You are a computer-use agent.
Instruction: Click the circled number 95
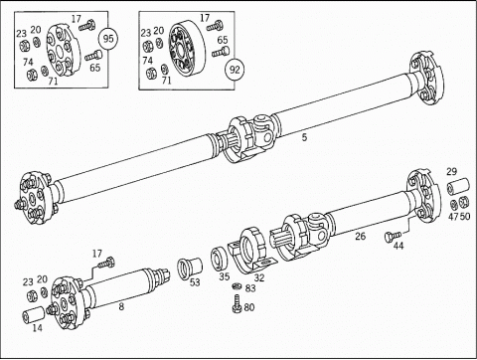pyautogui.click(x=108, y=39)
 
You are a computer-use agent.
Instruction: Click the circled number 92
pyautogui.click(x=235, y=70)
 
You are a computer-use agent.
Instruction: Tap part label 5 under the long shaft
pyautogui.click(x=304, y=137)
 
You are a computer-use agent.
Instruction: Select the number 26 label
pyautogui.click(x=361, y=236)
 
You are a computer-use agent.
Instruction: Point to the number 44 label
pyautogui.click(x=398, y=246)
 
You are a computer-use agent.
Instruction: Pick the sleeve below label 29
pyautogui.click(x=458, y=186)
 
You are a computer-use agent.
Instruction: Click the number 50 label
pyautogui.click(x=465, y=216)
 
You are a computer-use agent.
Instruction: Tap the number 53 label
pyautogui.click(x=195, y=282)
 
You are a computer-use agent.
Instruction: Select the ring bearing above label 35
pyautogui.click(x=220, y=258)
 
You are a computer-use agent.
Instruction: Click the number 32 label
pyautogui.click(x=259, y=277)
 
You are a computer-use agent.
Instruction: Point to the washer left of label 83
pyautogui.click(x=237, y=285)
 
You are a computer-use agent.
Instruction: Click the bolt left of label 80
pyautogui.click(x=237, y=304)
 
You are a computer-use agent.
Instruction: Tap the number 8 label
pyautogui.click(x=121, y=306)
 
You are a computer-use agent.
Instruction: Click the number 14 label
pyautogui.click(x=38, y=328)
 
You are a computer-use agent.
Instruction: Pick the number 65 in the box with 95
pyautogui.click(x=95, y=68)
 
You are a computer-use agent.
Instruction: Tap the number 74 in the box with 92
pyautogui.click(x=147, y=61)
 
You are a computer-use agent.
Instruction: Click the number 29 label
pyautogui.click(x=451, y=172)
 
